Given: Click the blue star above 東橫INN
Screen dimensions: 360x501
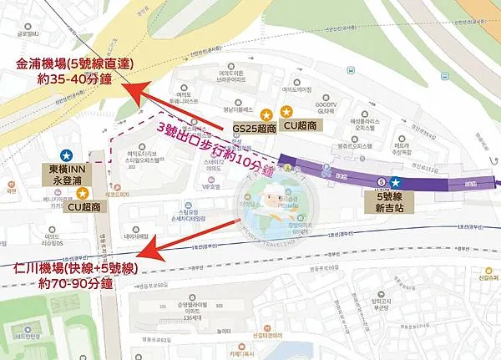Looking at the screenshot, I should pos(65,155).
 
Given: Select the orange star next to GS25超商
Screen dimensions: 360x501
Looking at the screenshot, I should pos(266,114).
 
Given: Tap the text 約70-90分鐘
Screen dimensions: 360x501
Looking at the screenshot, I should pos(77,285).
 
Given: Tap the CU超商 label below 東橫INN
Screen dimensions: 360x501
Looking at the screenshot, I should pos(87,206).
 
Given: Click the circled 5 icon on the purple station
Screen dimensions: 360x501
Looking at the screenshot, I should pos(381,181).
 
